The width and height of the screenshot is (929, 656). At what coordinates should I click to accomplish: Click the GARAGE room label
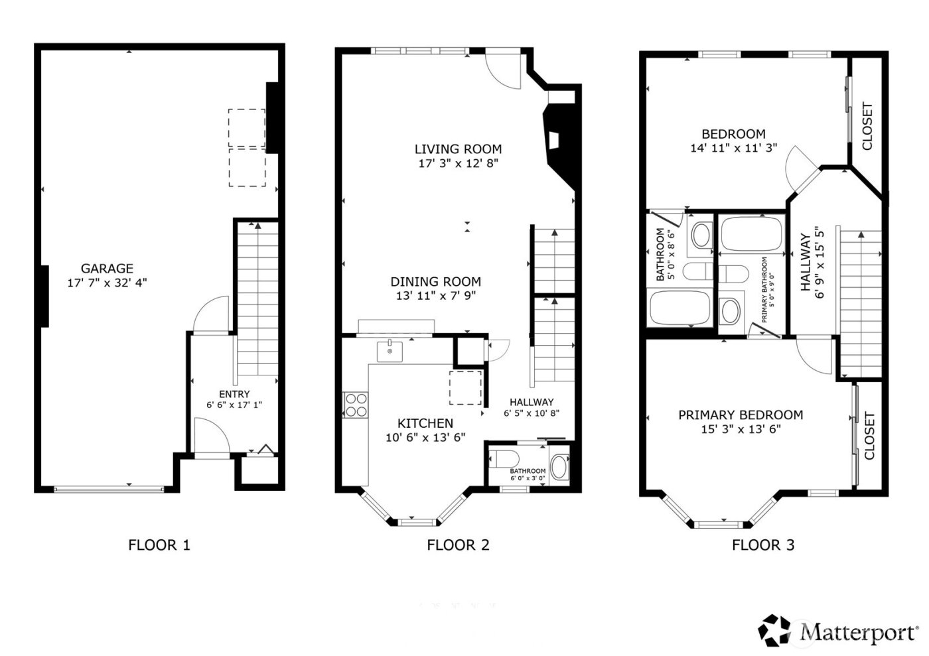click(x=107, y=269)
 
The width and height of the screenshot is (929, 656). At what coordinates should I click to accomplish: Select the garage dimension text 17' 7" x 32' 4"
click(x=107, y=283)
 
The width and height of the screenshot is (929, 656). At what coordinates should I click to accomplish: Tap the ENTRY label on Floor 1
click(x=234, y=394)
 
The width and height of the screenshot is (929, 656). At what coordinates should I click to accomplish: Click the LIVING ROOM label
click(x=458, y=149)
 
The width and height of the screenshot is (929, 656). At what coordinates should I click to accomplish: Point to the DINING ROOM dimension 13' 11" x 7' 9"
click(x=435, y=296)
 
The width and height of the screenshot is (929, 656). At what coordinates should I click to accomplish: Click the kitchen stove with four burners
click(x=356, y=405)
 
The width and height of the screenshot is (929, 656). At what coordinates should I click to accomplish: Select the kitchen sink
click(x=390, y=351)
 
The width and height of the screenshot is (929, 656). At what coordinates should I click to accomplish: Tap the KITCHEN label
click(x=425, y=423)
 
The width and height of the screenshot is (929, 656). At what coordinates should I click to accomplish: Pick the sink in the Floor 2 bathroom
click(x=560, y=467)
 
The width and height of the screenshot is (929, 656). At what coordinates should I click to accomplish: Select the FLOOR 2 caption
click(x=458, y=545)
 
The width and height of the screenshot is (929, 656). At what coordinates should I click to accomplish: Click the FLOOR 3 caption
click(x=763, y=545)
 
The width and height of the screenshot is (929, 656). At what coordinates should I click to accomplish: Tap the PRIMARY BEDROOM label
click(x=741, y=415)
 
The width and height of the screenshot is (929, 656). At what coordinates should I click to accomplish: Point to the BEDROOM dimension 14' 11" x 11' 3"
click(x=733, y=148)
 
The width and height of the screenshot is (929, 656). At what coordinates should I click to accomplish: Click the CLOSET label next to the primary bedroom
click(x=869, y=436)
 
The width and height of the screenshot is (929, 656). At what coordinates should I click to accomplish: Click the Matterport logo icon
click(x=776, y=631)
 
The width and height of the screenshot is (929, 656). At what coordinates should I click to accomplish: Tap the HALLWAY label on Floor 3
click(x=805, y=262)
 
